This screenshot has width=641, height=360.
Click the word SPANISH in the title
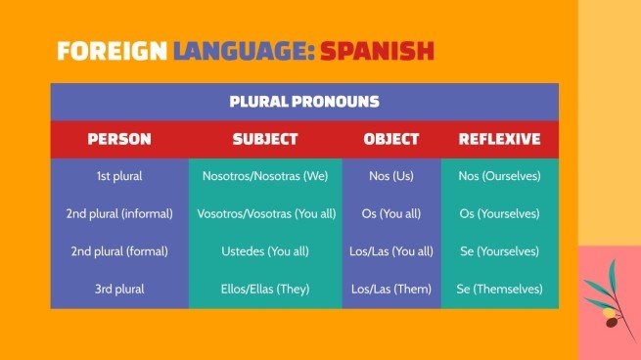[377, 51]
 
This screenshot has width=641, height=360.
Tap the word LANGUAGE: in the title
[245, 51]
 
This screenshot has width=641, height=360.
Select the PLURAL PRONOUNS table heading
[303, 102]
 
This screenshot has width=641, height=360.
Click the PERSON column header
[119, 139]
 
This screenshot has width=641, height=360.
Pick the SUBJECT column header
[265, 139]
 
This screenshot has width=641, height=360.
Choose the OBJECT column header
[391, 139]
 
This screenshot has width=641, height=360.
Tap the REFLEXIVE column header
[499, 139]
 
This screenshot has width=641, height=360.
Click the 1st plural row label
[119, 177]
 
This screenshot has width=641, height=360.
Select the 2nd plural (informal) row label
[119, 214]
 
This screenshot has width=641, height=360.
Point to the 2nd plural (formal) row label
[119, 251]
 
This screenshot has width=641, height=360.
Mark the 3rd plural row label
[119, 289]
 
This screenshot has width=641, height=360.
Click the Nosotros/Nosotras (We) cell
[265, 177]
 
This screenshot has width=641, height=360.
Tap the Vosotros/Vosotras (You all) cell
[265, 214]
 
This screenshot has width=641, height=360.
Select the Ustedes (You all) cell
[265, 251]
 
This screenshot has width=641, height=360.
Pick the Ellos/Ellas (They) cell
[265, 289]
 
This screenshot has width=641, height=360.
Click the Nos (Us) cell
[391, 177]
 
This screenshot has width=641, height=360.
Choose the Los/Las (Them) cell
[391, 289]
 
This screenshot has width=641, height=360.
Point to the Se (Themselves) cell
[499, 289]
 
